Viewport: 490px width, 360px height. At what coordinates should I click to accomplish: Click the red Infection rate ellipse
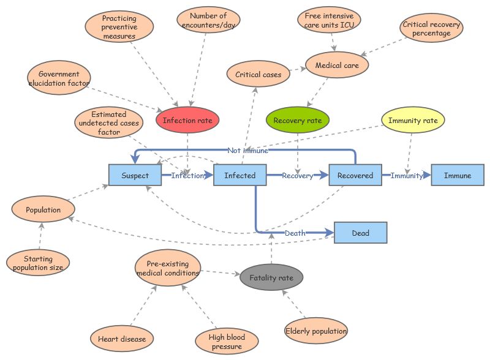[187, 121]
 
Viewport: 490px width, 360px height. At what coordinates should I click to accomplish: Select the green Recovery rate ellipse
[298, 121]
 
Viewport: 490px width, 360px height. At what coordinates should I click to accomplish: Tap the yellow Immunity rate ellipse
[413, 121]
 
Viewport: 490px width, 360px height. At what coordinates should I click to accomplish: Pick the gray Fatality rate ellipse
[271, 278]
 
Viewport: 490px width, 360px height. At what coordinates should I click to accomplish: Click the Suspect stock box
[135, 176]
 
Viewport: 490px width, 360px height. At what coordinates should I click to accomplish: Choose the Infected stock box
[239, 176]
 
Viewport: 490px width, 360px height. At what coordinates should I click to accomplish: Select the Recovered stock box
[355, 176]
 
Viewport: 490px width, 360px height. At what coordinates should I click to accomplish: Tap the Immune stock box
[458, 176]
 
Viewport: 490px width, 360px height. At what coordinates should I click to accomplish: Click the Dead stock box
[360, 233]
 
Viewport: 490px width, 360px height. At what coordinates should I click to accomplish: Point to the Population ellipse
[43, 210]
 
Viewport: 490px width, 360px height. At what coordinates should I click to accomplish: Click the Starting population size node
[38, 263]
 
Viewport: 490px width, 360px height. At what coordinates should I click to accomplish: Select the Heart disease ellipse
[121, 338]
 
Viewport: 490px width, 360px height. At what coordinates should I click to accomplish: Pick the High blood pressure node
[227, 342]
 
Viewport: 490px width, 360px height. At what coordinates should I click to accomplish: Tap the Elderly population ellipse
[316, 331]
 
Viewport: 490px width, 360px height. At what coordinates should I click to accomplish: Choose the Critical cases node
[258, 75]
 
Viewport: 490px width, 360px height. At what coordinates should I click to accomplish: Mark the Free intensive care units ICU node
[329, 21]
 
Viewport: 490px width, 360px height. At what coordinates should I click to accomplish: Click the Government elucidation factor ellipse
[59, 79]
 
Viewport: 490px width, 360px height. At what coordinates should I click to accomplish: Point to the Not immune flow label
[247, 150]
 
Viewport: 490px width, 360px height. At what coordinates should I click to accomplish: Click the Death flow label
[295, 233]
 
